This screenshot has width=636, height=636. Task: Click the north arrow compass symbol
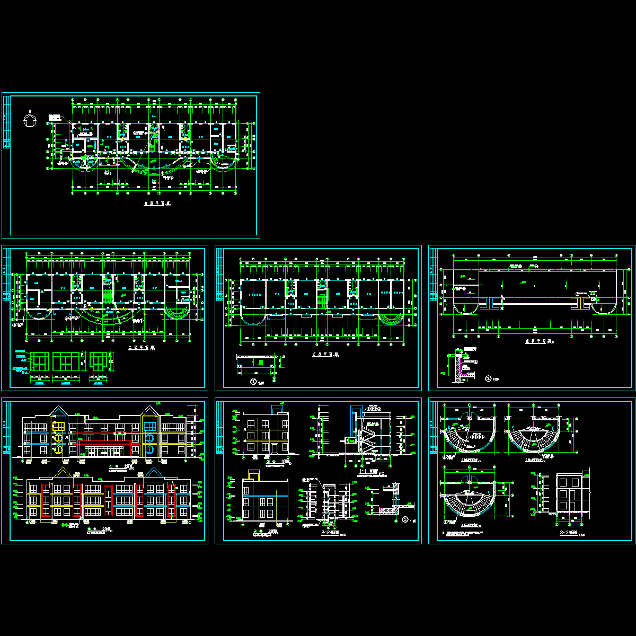pyautogui.click(x=30, y=120)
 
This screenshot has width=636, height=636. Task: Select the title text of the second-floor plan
pyautogui.click(x=140, y=348)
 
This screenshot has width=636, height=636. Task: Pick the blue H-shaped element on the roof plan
pyautogui.click(x=490, y=302)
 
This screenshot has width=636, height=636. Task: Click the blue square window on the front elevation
pyautogui.click(x=150, y=426)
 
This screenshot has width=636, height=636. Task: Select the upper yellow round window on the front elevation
pyautogui.click(x=59, y=437)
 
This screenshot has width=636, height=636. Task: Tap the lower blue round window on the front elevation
pyautogui.click(x=150, y=450)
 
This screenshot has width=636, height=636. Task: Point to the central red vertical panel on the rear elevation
pyautogui.click(x=109, y=498)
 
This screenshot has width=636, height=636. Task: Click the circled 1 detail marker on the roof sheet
pyautogui.click(x=488, y=378)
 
